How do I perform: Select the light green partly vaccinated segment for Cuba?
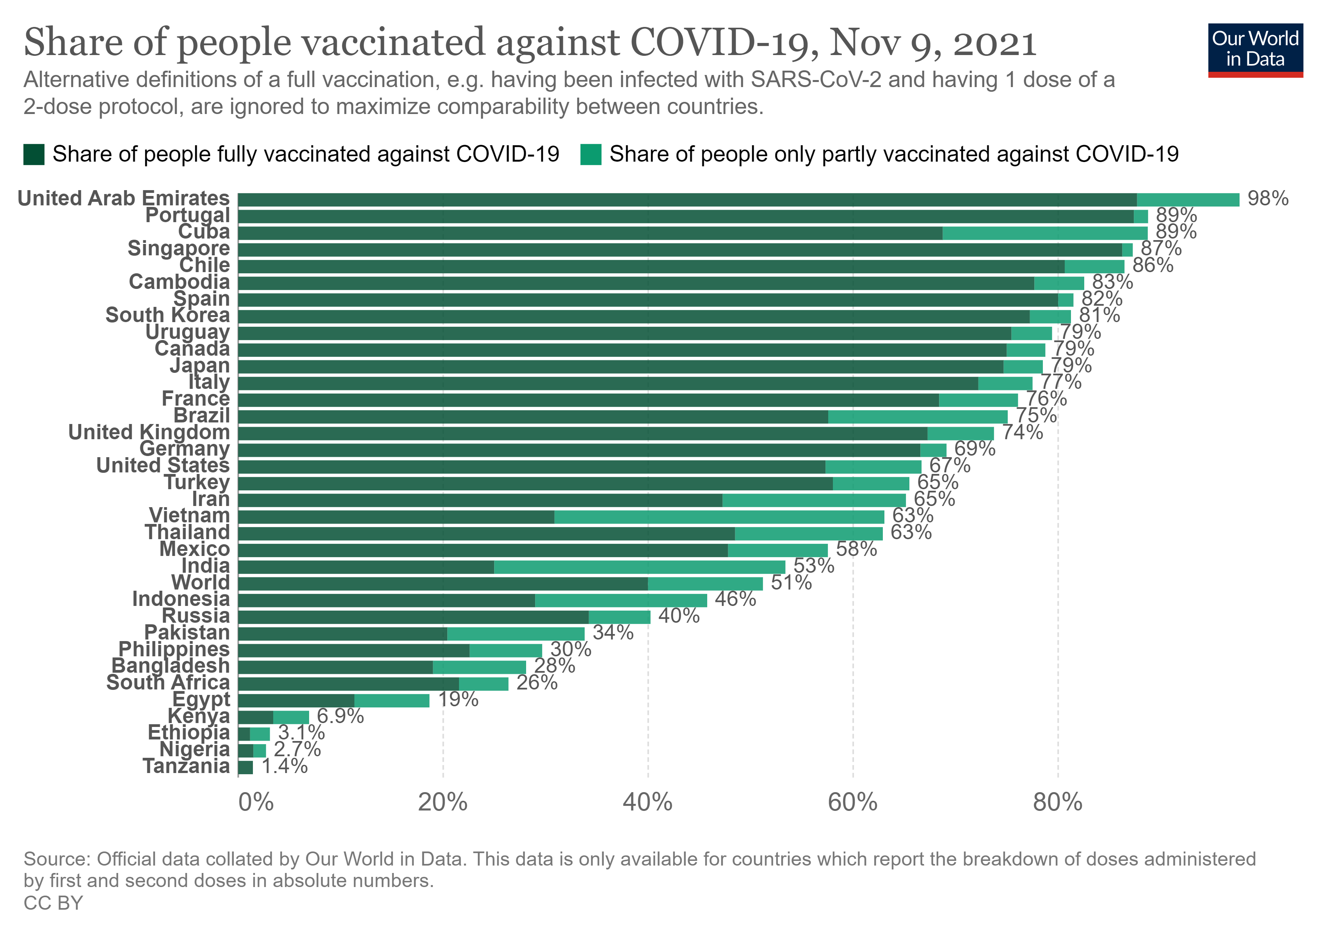pyautogui.click(x=1045, y=233)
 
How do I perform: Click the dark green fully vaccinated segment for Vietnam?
pyautogui.click(x=396, y=517)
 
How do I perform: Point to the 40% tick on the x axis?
pyautogui.click(x=647, y=802)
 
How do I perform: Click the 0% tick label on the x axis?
pyautogui.click(x=256, y=802)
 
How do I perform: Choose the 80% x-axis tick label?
pyautogui.click(x=1058, y=802)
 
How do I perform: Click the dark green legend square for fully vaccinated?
pyautogui.click(x=34, y=154)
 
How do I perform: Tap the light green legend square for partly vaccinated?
pyautogui.click(x=591, y=154)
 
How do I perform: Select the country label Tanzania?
pyautogui.click(x=186, y=766)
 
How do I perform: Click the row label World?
pyautogui.click(x=201, y=583)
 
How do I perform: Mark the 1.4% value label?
pyautogui.click(x=285, y=766)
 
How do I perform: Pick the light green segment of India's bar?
pyautogui.click(x=640, y=567)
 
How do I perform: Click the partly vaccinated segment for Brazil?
pyautogui.click(x=918, y=417)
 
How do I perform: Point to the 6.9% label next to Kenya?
pyautogui.click(x=340, y=716)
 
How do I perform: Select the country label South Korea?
pyautogui.click(x=167, y=315)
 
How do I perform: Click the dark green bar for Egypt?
pyautogui.click(x=296, y=700)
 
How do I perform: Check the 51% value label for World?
pyautogui.click(x=791, y=583)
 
